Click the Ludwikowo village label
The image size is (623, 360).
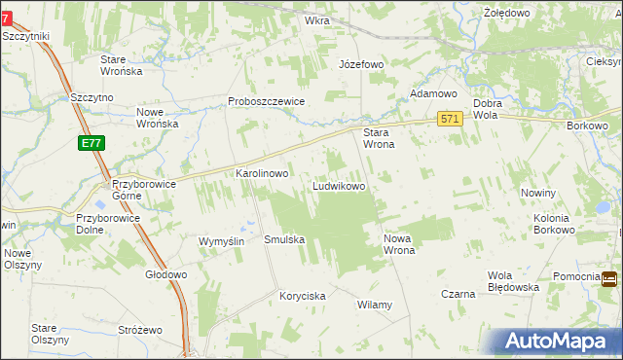[x=339, y=185]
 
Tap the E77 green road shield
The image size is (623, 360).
[x=92, y=143]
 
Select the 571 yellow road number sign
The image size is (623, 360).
[x=449, y=118]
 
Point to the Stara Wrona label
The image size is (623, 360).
[x=378, y=138]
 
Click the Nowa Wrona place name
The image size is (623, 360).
[x=400, y=243]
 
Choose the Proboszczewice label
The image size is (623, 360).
[x=267, y=101]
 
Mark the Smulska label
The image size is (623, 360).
[x=284, y=239]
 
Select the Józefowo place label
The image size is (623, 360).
[x=361, y=64]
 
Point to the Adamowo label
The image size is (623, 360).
[x=433, y=93]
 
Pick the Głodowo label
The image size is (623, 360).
[x=165, y=274]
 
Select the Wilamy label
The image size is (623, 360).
[x=375, y=305]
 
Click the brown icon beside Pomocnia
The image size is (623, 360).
[x=609, y=279]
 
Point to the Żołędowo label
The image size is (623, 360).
[x=506, y=13]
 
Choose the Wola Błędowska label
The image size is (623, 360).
[x=513, y=280]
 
